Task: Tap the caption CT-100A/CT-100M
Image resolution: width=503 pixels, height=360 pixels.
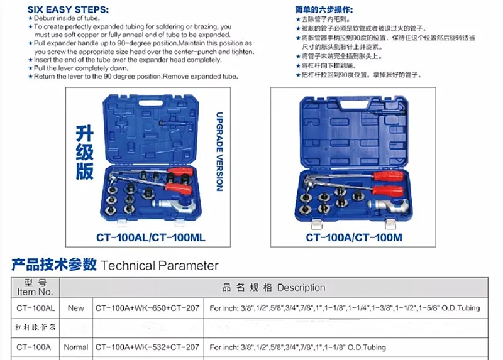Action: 354,237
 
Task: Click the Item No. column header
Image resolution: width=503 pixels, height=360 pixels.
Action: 35,287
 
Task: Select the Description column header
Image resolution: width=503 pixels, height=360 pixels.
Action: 274,287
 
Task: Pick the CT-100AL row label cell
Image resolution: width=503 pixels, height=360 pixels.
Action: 35,308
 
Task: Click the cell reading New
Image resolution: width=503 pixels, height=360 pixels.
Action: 75,308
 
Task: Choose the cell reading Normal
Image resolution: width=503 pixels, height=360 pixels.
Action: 76,347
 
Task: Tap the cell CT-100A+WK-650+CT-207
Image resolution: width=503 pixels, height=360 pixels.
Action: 147,308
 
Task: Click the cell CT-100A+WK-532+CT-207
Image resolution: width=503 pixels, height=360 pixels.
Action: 147,347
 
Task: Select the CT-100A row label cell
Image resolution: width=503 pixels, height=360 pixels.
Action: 35,347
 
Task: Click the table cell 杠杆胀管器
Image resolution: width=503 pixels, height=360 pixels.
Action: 35,327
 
